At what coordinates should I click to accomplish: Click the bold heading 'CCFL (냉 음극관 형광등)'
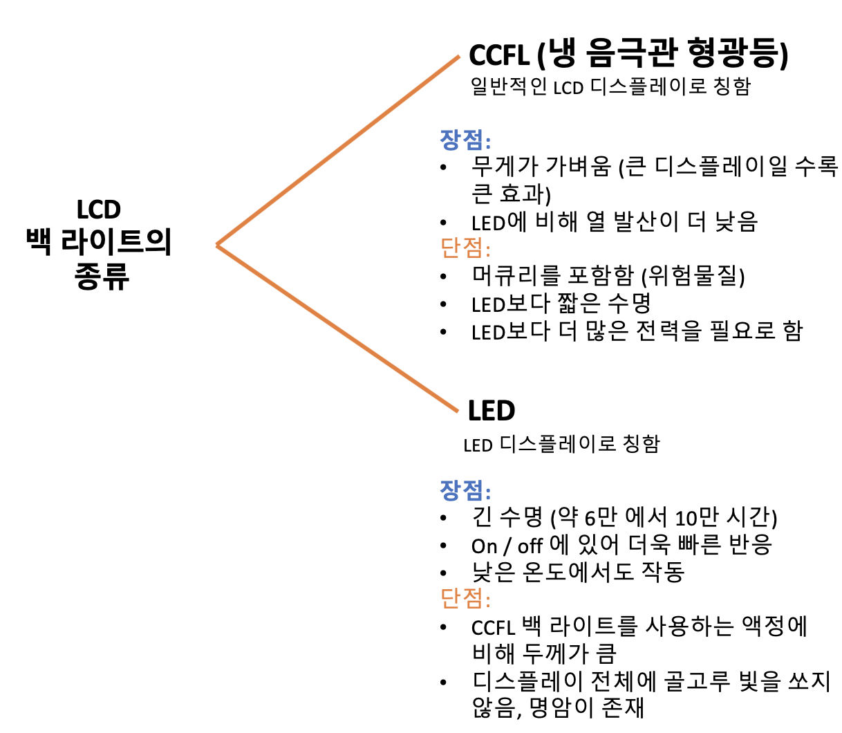[628, 54]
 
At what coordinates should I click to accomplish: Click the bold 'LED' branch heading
[492, 411]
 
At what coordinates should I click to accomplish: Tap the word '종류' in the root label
[102, 276]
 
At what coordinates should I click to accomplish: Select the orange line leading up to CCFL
[339, 151]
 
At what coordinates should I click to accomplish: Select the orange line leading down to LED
[339, 329]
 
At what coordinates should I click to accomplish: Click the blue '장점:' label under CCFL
[465, 140]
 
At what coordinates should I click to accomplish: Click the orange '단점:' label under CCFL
[465, 247]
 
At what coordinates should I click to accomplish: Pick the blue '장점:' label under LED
[465, 490]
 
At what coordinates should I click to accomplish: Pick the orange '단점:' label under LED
[465, 597]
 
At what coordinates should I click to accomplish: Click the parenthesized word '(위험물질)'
[693, 276]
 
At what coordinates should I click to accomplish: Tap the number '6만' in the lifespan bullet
[601, 517]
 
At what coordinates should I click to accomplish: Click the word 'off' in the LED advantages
[530, 546]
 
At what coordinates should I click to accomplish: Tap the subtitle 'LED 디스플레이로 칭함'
[561, 444]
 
